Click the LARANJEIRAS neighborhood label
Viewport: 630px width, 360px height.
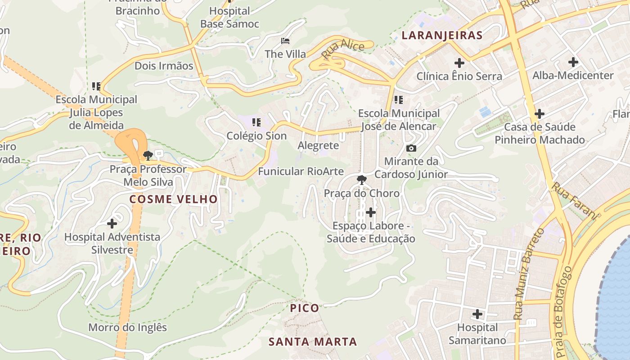[441, 35]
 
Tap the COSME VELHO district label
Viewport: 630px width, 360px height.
[174, 199]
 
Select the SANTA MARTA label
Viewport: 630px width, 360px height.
[313, 342]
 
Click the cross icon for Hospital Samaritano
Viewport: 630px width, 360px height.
[477, 314]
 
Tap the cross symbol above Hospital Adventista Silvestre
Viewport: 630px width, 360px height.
[112, 223]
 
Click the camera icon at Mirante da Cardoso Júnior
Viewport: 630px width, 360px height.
[411, 148]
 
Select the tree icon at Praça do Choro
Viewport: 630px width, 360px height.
[361, 180]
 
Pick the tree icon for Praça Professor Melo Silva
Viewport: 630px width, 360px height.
[148, 156]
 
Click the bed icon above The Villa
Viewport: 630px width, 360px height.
[285, 41]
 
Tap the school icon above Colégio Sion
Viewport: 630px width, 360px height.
[256, 122]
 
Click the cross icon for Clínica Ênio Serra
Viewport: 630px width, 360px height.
[459, 63]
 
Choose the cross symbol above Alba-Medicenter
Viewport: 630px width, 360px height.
[573, 62]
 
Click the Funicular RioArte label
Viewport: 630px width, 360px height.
[301, 171]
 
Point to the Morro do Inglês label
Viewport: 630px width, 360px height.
[127, 327]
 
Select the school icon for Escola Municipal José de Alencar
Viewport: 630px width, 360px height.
[398, 99]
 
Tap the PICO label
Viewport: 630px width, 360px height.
[305, 308]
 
